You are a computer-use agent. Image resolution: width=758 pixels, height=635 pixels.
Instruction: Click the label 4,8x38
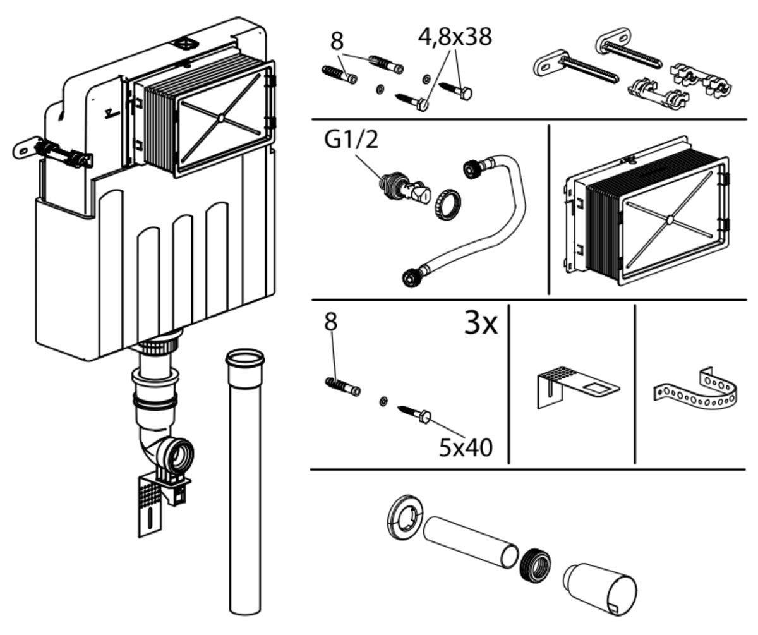(454, 36)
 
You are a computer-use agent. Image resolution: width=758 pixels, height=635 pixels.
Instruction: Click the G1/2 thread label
(352, 140)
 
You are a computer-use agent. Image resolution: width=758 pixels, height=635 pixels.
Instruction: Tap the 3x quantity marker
(481, 324)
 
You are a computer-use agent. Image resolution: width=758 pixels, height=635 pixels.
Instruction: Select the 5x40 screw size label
(466, 447)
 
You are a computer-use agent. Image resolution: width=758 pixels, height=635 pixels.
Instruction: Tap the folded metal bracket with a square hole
(572, 385)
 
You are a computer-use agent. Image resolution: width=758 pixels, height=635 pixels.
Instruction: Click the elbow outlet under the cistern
(167, 449)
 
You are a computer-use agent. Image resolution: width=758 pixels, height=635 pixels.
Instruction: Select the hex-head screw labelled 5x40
(414, 414)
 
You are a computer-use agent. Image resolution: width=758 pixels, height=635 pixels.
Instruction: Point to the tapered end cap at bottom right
(600, 584)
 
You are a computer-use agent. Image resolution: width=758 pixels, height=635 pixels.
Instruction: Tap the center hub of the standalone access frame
(668, 220)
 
